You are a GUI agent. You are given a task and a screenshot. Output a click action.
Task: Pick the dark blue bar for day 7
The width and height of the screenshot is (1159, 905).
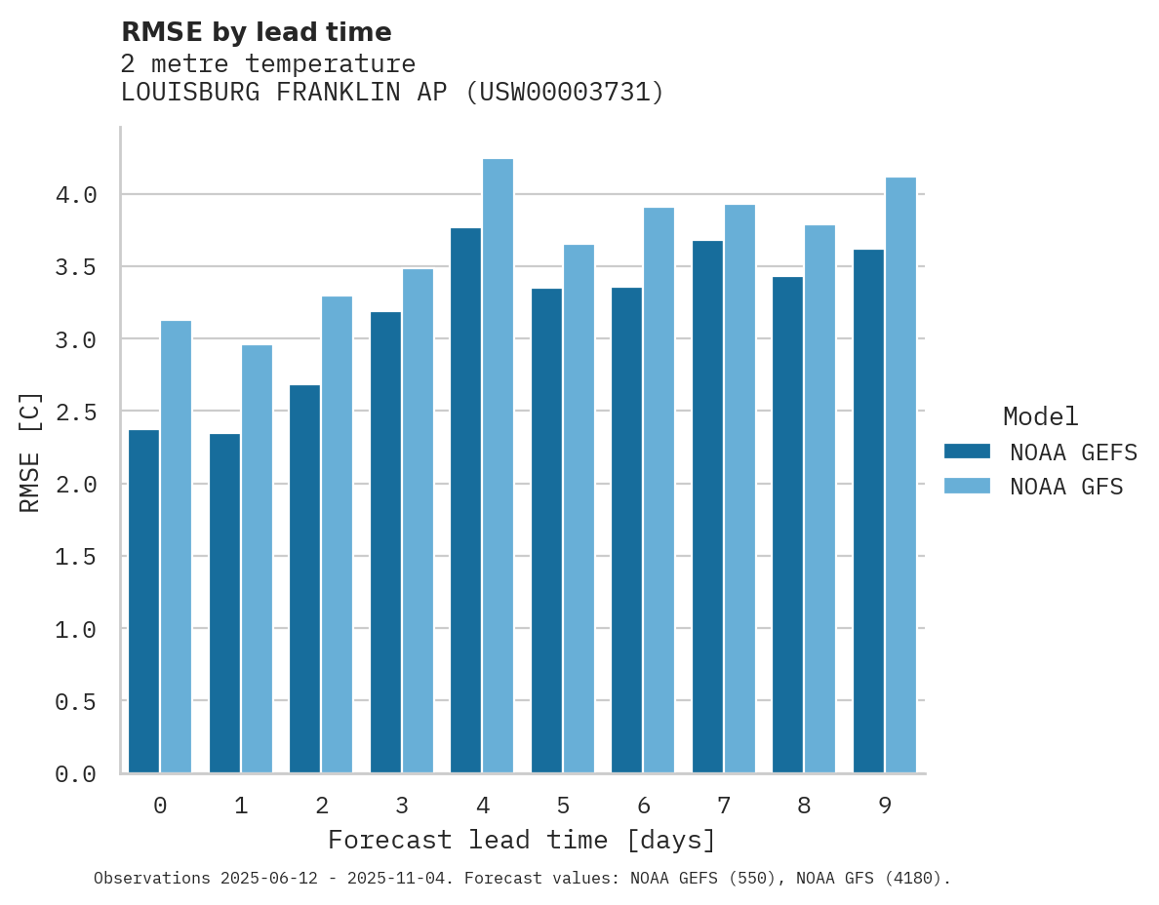pyautogui.click(x=707, y=506)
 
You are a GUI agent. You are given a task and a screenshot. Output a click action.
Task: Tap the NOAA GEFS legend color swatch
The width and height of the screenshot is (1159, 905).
pyautogui.click(x=967, y=452)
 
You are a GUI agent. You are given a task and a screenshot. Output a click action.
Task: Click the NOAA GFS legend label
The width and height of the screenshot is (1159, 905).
pyautogui.click(x=1066, y=487)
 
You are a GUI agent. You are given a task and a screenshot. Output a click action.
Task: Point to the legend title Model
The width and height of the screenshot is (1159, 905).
pyautogui.click(x=1040, y=416)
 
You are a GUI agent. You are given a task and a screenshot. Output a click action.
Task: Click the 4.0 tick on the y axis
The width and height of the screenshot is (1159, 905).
pyautogui.click(x=76, y=195)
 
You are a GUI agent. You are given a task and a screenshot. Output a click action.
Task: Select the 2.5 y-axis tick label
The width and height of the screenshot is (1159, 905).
pyautogui.click(x=76, y=412)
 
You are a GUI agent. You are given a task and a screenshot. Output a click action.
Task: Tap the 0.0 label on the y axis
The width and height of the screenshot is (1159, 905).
pyautogui.click(x=76, y=773)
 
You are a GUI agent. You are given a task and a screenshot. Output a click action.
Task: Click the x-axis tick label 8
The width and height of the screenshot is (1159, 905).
pyautogui.click(x=804, y=806)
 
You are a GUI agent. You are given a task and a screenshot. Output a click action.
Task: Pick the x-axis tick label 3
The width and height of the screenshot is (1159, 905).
pyautogui.click(x=402, y=806)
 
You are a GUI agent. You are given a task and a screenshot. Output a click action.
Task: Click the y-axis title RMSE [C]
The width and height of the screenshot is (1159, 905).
pyautogui.click(x=30, y=452)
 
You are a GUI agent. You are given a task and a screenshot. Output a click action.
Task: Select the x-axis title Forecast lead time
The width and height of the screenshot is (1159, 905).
pyautogui.click(x=522, y=840)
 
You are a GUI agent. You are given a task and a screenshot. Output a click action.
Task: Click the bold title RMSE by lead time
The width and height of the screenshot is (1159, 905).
pyautogui.click(x=257, y=32)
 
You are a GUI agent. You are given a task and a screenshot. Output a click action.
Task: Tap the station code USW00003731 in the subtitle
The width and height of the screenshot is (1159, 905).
pyautogui.click(x=565, y=93)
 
